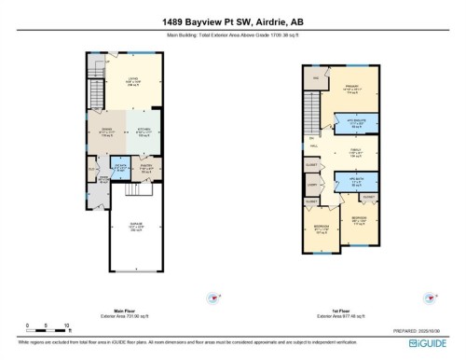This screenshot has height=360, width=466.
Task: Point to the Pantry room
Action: point(146,169)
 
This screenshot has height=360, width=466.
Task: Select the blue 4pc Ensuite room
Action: point(355,122)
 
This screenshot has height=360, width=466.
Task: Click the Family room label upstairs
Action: point(355,153)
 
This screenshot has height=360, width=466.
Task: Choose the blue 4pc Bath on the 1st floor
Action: point(355,182)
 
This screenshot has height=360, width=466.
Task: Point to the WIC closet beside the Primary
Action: point(315,79)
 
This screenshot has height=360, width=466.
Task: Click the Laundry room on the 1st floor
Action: point(311,186)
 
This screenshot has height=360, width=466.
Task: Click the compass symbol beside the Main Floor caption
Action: point(215,298)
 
